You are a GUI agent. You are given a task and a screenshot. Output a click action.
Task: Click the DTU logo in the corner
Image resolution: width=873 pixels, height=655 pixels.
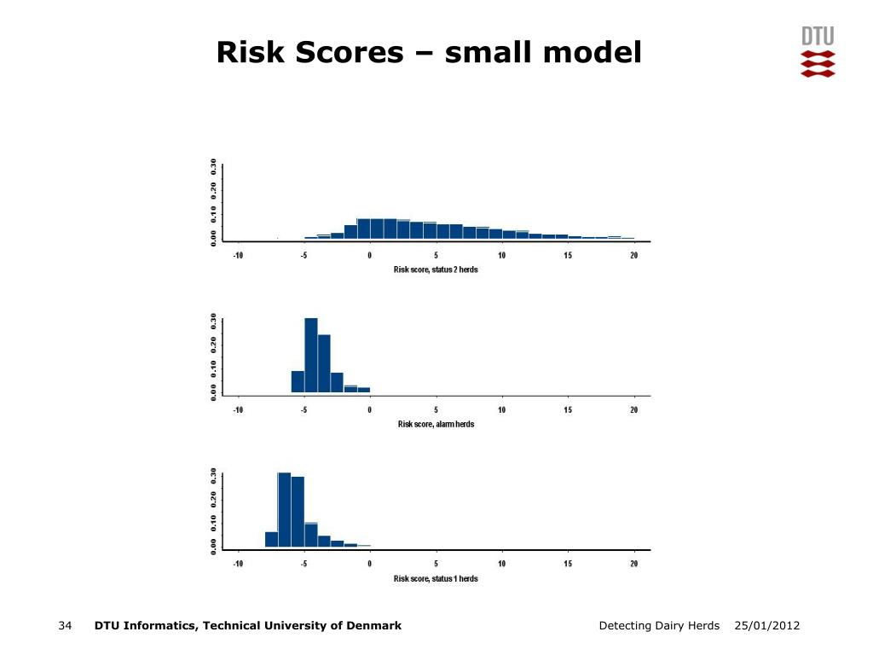click(x=818, y=51)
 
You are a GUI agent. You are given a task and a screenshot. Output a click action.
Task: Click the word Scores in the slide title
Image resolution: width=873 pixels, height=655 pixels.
click(x=349, y=52)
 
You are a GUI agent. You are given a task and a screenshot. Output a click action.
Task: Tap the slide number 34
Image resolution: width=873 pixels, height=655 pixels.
click(x=65, y=625)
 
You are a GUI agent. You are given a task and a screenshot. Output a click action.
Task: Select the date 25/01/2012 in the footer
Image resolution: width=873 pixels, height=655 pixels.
click(x=766, y=625)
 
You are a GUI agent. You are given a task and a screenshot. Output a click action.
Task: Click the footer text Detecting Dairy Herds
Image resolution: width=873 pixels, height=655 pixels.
click(x=659, y=625)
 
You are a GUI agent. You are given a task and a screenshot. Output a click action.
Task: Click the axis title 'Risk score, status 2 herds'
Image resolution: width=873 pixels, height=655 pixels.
click(x=436, y=270)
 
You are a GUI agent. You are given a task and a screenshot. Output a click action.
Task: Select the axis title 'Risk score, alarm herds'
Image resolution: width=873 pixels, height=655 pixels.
click(x=436, y=424)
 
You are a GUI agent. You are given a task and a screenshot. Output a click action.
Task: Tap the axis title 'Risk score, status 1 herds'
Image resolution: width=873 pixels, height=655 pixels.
click(x=436, y=579)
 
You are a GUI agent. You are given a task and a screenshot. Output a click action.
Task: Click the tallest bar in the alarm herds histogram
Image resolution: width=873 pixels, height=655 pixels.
click(x=311, y=356)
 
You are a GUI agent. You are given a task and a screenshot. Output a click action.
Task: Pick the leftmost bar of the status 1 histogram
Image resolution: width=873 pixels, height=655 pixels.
click(x=271, y=539)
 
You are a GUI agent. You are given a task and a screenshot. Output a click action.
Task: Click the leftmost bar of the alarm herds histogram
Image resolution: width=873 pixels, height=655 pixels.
click(x=298, y=381)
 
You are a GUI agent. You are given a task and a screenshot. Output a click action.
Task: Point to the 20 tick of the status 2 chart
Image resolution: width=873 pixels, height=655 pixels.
click(x=633, y=255)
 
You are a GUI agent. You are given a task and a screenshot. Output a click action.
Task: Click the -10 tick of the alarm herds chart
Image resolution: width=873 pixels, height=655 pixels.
click(x=238, y=410)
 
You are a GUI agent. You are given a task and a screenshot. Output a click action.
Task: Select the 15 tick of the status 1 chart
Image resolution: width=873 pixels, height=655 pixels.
click(x=567, y=564)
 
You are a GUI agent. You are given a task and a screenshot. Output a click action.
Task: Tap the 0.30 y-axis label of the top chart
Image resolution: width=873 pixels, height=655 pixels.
click(x=214, y=166)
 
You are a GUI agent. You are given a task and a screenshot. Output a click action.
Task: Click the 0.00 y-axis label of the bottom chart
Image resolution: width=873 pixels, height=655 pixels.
click(x=214, y=547)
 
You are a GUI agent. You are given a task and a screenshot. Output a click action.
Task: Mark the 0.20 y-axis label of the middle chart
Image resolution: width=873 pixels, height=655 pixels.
click(x=214, y=345)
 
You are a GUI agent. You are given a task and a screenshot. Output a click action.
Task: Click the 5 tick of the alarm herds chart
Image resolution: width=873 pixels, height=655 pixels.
click(x=436, y=410)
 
